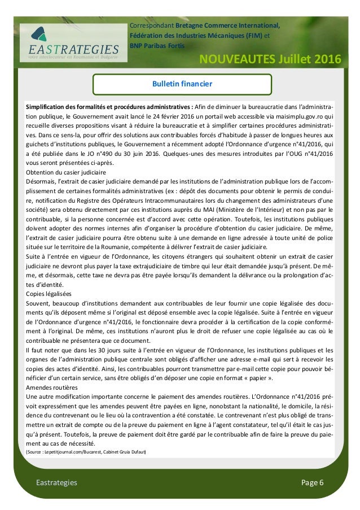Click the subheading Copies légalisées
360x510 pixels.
49,294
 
